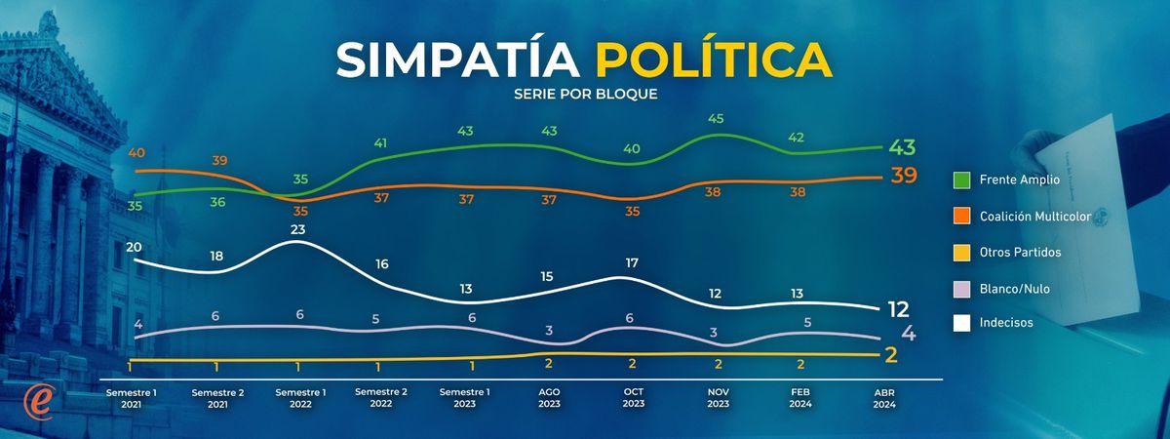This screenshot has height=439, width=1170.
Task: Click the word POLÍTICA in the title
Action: coord(714,60)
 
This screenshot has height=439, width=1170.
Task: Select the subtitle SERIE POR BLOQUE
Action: coord(585,95)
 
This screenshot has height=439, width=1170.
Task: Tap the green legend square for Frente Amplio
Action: coord(960,180)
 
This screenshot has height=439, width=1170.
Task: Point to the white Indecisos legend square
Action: coord(960,323)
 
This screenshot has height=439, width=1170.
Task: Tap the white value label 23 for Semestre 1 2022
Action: coord(299,230)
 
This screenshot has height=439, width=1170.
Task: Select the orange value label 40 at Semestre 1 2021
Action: coord(136,153)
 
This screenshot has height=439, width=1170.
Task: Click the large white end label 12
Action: coord(899,309)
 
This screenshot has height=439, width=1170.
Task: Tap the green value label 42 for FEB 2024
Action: coord(796,138)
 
